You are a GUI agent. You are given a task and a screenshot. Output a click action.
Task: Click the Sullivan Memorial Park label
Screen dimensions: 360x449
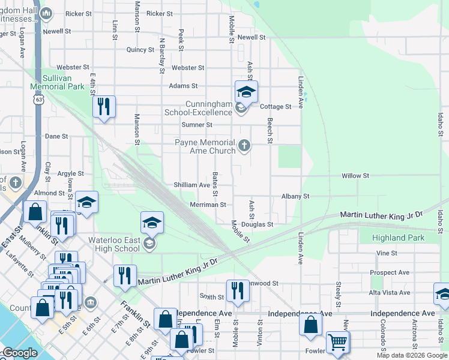[58, 82]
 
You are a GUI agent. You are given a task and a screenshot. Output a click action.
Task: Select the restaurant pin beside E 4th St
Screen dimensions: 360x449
[104, 107]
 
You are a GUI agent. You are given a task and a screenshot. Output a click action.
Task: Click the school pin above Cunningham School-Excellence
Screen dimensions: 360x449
[246, 92]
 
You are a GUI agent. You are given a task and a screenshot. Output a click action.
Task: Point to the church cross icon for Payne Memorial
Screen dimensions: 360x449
[244, 145]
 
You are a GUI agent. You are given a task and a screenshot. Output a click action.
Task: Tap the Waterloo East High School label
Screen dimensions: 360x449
[114, 244]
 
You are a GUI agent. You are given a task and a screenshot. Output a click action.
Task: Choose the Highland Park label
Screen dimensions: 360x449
[398, 238]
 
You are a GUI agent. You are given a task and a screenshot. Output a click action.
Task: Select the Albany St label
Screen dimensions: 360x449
[295, 196]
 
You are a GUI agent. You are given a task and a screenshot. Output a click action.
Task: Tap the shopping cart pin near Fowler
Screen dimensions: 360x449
[338, 342]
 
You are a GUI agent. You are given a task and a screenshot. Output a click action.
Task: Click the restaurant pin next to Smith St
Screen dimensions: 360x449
[238, 290]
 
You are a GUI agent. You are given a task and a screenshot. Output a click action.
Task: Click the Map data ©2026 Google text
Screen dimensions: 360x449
[412, 355]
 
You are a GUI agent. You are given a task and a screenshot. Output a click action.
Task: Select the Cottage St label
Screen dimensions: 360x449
[276, 107]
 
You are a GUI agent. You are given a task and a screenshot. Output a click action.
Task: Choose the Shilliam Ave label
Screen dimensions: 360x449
[191, 185]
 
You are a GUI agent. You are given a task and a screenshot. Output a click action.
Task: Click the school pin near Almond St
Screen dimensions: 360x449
[86, 203]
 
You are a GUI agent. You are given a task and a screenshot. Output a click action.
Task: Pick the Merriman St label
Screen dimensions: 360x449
[208, 205]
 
